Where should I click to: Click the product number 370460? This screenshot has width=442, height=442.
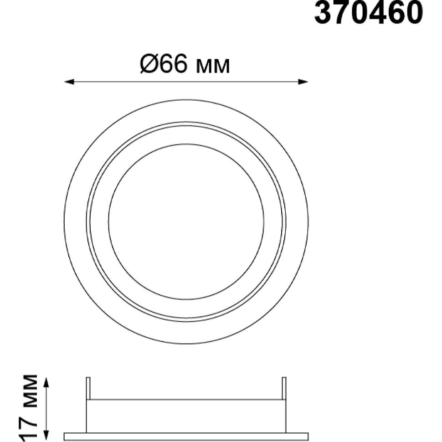tap(369, 12)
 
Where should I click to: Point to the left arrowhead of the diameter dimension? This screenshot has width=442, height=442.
tap(69, 82)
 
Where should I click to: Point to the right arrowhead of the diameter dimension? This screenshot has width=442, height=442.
tap(303, 82)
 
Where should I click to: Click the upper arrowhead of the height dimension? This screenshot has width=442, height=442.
tap(47, 383)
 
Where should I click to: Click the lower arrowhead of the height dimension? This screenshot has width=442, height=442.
tap(47, 436)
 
